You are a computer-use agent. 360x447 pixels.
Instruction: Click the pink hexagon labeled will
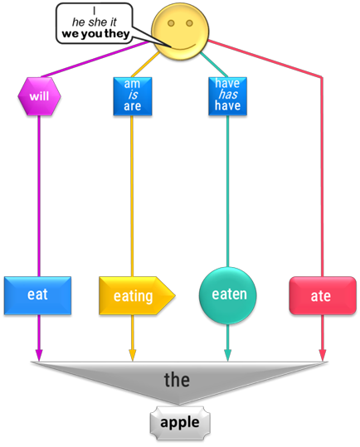tap(39, 96)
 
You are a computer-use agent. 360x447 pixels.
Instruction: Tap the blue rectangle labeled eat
tap(37, 295)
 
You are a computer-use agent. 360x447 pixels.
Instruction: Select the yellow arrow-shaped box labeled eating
tap(137, 295)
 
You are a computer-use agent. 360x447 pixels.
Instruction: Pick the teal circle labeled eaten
tap(227, 295)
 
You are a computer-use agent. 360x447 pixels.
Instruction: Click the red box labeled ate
tap(323, 295)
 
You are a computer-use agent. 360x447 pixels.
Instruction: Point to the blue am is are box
tap(133, 96)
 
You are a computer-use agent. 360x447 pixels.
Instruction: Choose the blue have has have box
tap(227, 96)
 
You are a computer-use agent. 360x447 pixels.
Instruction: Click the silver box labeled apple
tap(180, 423)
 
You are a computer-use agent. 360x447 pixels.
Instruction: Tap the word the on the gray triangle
tap(177, 380)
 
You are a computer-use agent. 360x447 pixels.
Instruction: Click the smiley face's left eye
tap(171, 23)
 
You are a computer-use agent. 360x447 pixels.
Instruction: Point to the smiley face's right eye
tap(190, 23)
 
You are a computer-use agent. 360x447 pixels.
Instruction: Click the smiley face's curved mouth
tap(182, 48)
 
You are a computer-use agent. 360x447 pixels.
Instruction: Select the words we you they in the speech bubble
tap(95, 34)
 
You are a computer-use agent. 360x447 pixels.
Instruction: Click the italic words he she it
tap(95, 22)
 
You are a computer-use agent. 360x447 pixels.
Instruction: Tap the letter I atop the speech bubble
tap(94, 11)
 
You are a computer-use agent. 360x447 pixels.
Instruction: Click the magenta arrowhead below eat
tap(39, 355)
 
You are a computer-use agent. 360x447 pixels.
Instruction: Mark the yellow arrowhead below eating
tap(132, 355)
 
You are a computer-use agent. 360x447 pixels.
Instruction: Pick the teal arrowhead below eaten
tap(227, 355)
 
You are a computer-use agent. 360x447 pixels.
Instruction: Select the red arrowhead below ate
tap(323, 355)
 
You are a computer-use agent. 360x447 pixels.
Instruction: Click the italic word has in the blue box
tap(228, 95)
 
